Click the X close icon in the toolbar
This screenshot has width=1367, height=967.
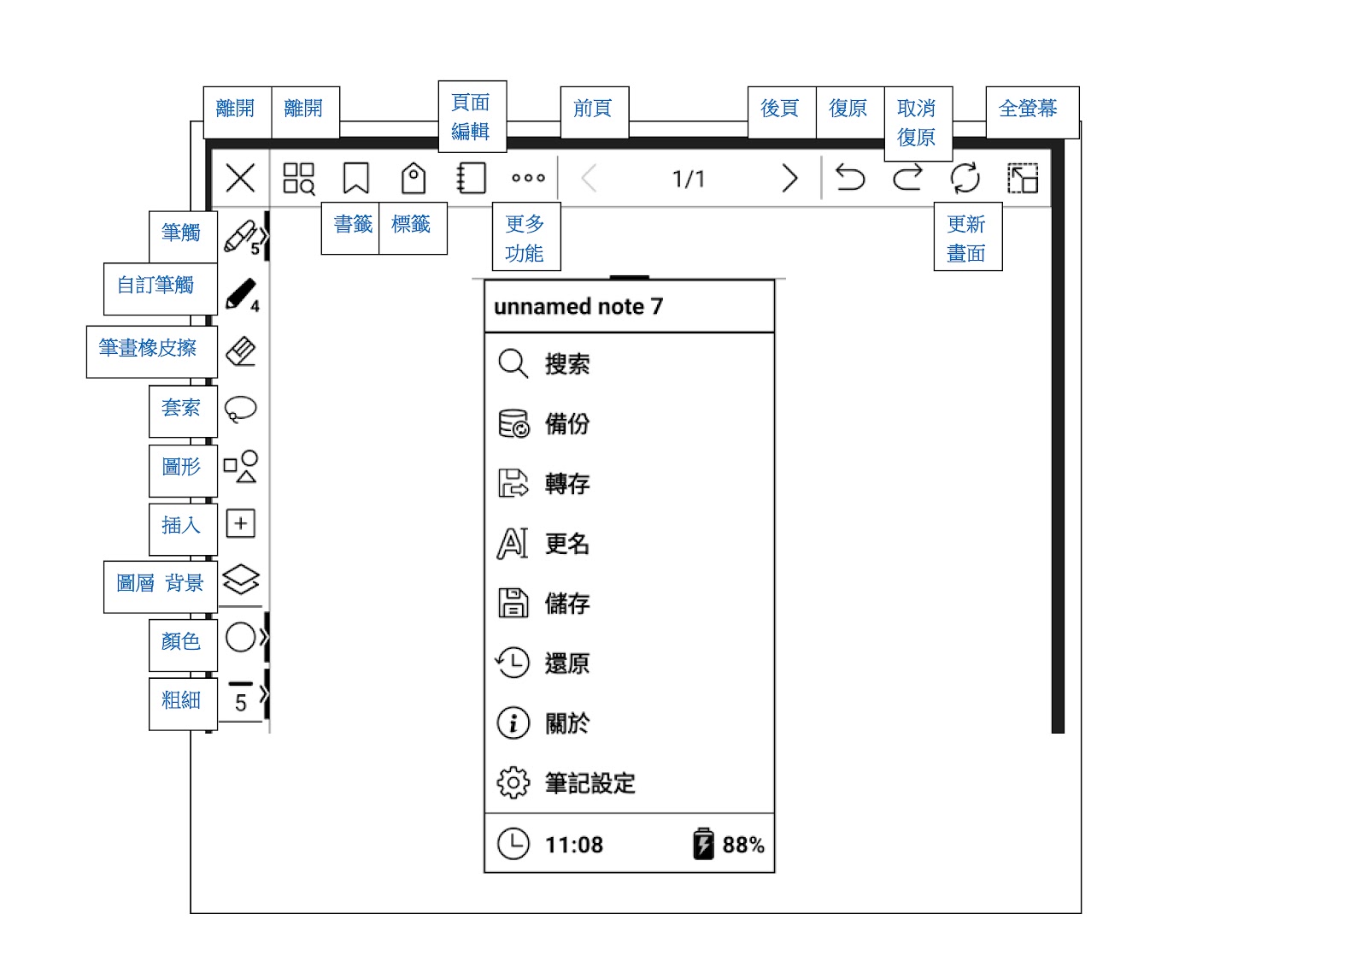click(240, 179)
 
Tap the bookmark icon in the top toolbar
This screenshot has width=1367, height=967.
click(355, 179)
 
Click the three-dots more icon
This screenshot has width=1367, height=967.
click(528, 179)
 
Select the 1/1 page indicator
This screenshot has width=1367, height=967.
click(689, 179)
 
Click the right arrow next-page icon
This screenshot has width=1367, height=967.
click(789, 179)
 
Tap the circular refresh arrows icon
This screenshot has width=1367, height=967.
click(965, 179)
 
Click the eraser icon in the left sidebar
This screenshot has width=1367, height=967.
click(241, 351)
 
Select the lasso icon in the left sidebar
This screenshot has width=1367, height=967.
click(240, 409)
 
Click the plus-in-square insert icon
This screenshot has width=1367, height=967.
click(241, 523)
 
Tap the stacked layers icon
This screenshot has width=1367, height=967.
click(241, 580)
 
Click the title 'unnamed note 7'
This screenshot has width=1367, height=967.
click(578, 307)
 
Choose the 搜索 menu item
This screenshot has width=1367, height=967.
click(567, 364)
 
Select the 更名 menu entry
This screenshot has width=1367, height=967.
click(567, 544)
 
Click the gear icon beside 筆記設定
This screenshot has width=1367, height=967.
click(513, 782)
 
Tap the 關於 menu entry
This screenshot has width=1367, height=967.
click(567, 723)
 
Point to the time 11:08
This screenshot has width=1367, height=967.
click(574, 845)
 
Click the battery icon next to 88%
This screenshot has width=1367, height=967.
click(703, 844)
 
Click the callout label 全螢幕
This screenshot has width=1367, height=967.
click(1028, 109)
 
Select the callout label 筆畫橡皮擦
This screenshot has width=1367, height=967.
click(148, 349)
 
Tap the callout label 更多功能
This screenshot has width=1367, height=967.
click(525, 238)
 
